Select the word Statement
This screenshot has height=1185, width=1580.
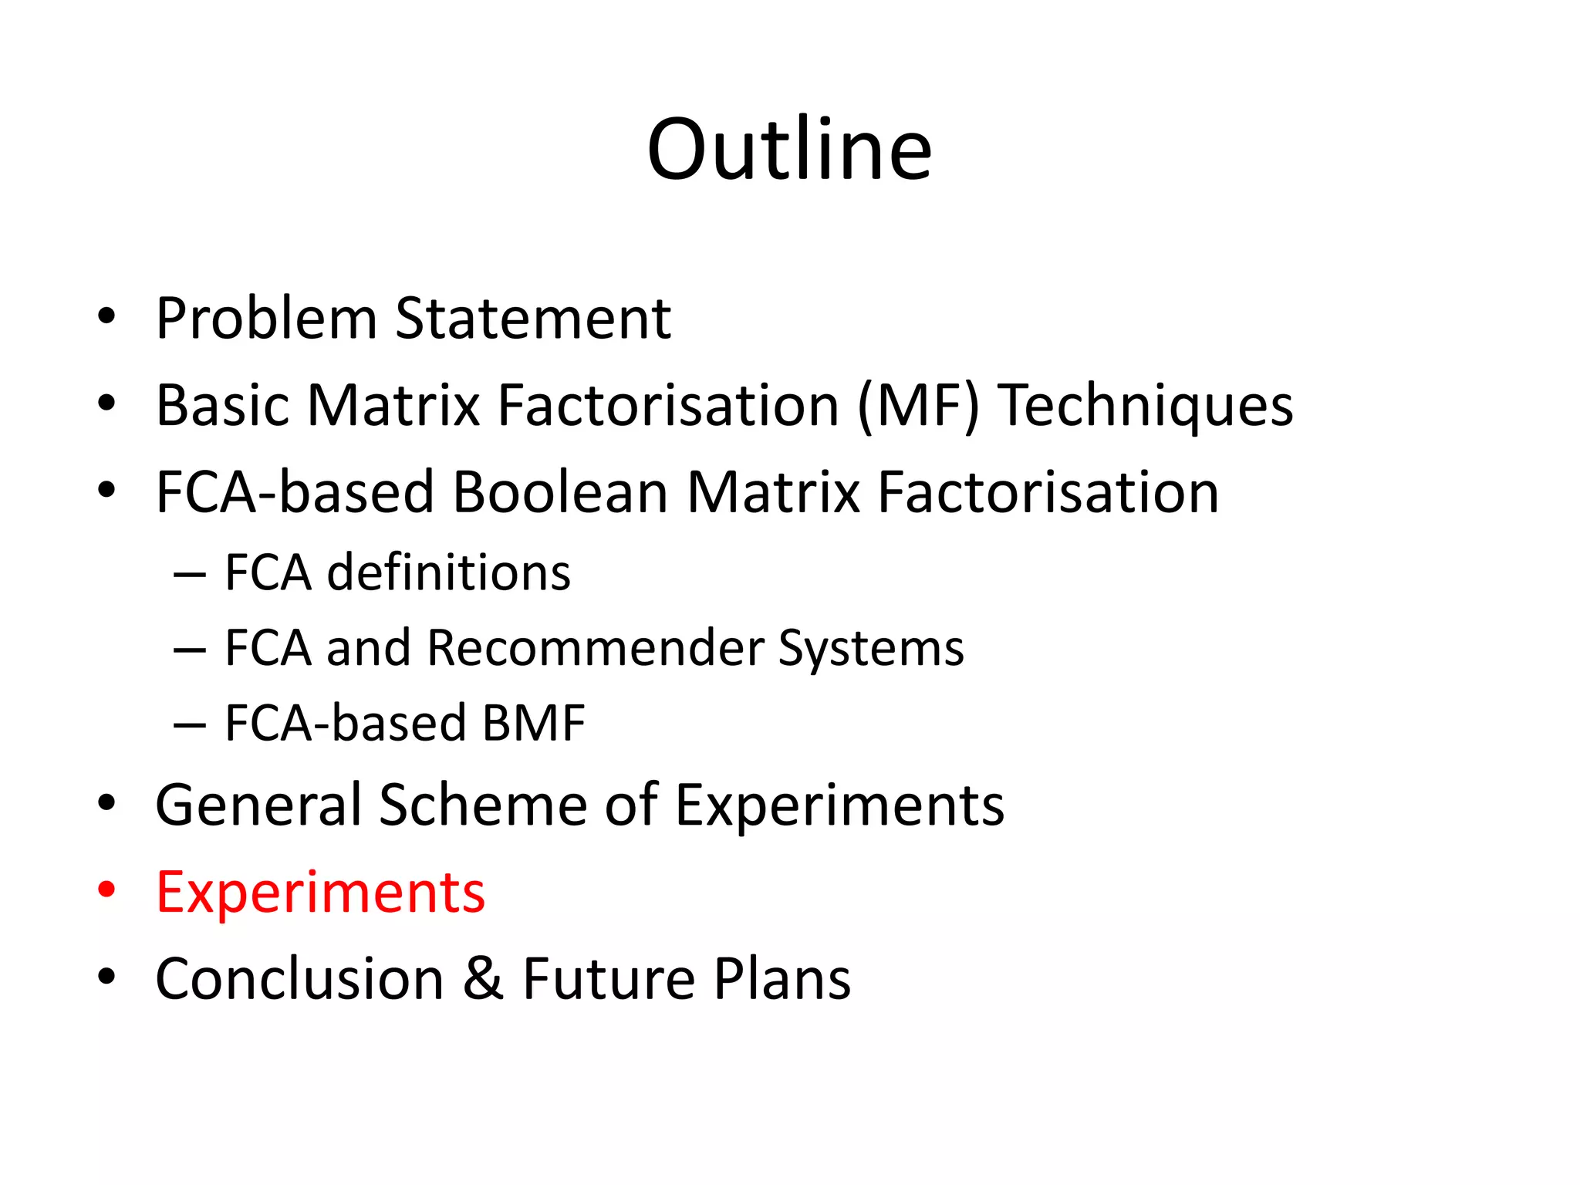(x=533, y=319)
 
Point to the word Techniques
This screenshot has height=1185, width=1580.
(x=1146, y=407)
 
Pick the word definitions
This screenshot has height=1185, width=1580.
(x=448, y=573)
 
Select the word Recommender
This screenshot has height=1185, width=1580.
(x=596, y=648)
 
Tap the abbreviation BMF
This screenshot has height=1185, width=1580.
(x=533, y=724)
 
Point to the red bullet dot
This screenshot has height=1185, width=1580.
(x=106, y=889)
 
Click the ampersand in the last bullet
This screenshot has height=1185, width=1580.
(x=484, y=979)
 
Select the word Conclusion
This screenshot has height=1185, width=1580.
(x=299, y=979)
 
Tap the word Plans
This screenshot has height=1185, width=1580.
(x=782, y=979)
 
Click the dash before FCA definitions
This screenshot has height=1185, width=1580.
(x=190, y=575)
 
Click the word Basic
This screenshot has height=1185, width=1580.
(x=223, y=406)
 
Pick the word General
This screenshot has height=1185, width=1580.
(x=258, y=805)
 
